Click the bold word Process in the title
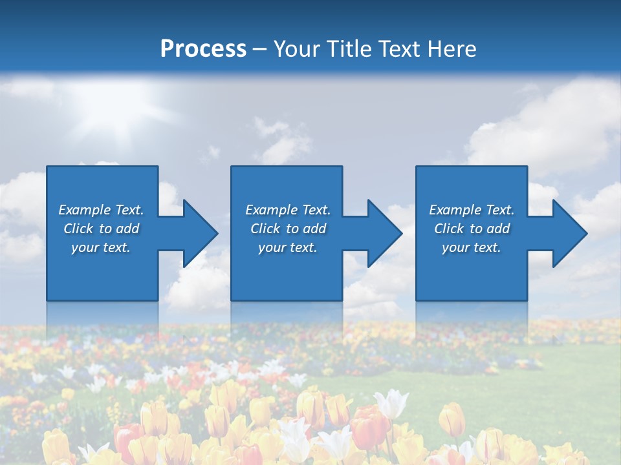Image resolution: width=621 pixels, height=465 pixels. [x=203, y=49]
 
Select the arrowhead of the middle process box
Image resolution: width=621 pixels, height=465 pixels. [x=384, y=233]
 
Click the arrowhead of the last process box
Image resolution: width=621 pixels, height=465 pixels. [x=569, y=233]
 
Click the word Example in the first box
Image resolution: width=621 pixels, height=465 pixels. [x=85, y=210]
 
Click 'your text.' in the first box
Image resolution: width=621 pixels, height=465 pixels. [x=101, y=247]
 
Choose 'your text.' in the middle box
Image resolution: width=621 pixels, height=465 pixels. [x=287, y=247]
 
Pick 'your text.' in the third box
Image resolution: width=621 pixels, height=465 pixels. [x=471, y=247]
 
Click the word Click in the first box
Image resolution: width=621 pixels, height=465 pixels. [x=78, y=229]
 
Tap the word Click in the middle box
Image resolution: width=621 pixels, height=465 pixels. [x=265, y=229]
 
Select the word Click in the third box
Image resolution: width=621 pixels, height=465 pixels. [x=449, y=229]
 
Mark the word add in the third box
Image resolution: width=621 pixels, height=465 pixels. [x=499, y=229]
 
